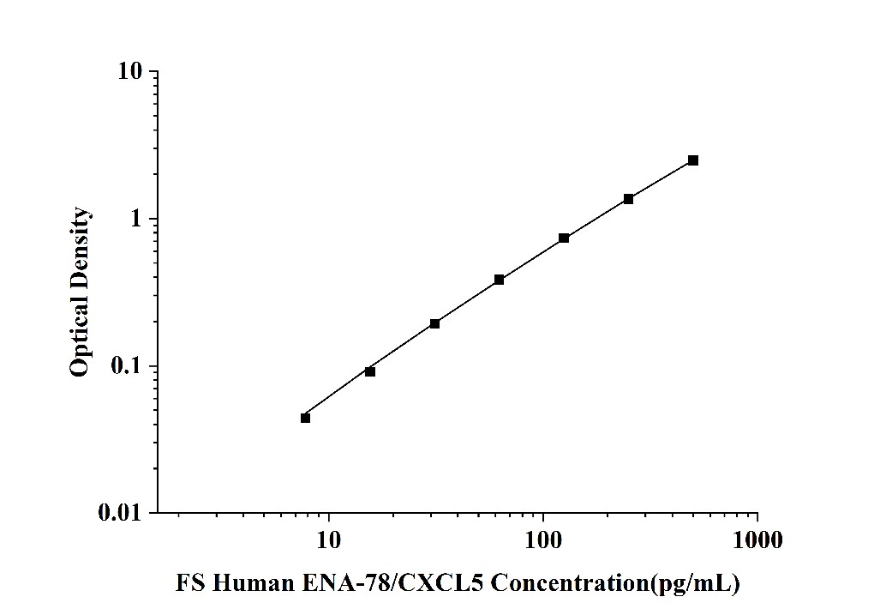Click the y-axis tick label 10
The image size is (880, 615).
coord(129,72)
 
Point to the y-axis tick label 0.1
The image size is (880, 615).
coord(127,367)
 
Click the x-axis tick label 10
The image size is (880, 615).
coord(328,540)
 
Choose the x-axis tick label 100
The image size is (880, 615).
coord(543,540)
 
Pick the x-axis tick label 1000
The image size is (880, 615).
coord(757,540)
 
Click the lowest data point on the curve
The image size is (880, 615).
coord(305,418)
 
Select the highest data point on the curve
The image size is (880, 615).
coord(693,160)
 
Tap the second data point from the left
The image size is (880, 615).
coord(370,371)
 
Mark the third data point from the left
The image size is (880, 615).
coord(434,323)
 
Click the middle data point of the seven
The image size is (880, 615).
coord(499,280)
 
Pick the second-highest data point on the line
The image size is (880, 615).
coord(628,199)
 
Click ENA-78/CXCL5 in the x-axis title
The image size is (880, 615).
coord(374,584)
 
